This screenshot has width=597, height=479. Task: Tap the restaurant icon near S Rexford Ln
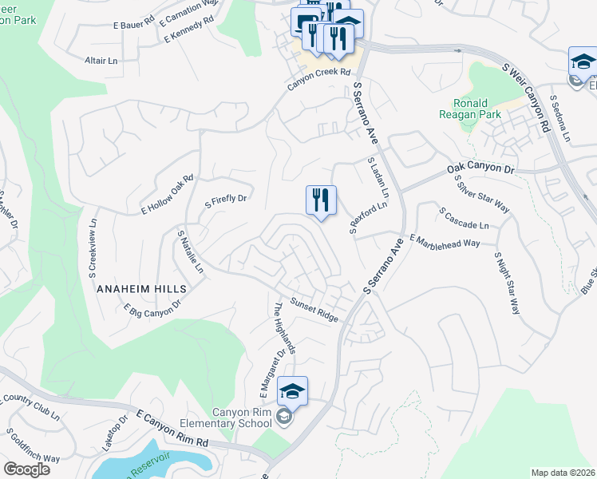point(321,200)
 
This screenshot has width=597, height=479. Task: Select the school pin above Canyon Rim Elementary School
point(292,391)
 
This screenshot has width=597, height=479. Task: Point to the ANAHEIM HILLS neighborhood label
point(141,288)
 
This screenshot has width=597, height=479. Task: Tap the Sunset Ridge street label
point(314,311)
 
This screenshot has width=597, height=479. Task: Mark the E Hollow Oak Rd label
point(168,195)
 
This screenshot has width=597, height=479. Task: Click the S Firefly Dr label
point(226,200)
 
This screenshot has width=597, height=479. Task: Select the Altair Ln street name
point(101,60)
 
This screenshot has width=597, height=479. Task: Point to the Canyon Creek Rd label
point(319,72)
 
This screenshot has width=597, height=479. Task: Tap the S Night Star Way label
point(507,283)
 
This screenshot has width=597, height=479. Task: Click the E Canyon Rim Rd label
point(172,429)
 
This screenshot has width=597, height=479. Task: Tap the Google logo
point(26,469)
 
